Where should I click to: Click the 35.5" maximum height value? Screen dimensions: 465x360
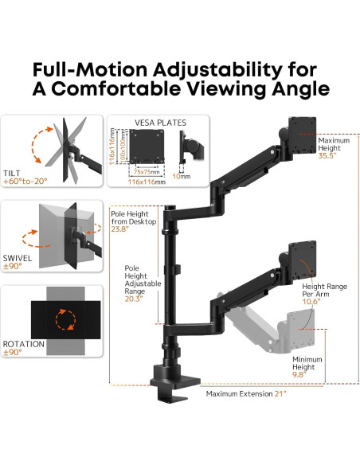pyautogui.click(x=328, y=157)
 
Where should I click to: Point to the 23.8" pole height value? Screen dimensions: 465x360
pyautogui.click(x=120, y=229)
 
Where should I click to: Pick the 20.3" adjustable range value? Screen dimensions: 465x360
pyautogui.click(x=133, y=299)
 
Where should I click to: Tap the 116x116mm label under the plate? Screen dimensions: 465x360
pyautogui.click(x=148, y=182)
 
